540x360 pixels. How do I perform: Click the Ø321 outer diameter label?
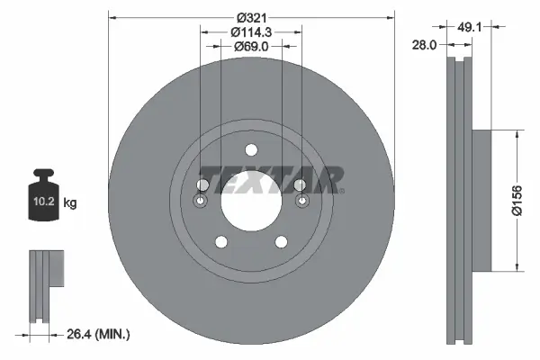pyautogui.click(x=251, y=17)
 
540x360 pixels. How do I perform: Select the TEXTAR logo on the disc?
pyautogui.click(x=271, y=179)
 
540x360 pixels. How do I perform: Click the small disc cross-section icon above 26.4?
pyautogui.click(x=45, y=281)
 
